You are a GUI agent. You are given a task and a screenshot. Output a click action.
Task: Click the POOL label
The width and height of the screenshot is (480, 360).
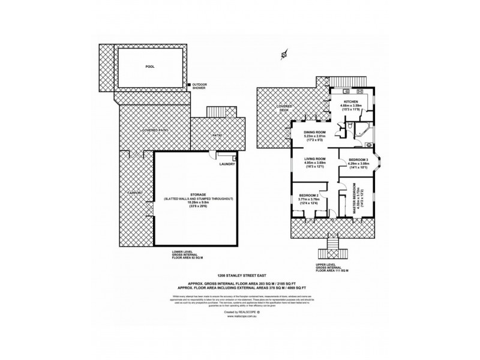pyautogui.click(x=150, y=68)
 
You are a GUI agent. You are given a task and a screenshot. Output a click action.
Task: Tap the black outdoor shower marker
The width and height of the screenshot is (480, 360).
pyautogui.click(x=188, y=86)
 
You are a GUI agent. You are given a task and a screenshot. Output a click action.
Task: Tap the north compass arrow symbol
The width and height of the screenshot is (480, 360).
pyautogui.click(x=283, y=56)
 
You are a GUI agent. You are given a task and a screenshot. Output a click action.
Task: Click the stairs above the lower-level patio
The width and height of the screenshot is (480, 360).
pyautogui.click(x=215, y=112)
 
